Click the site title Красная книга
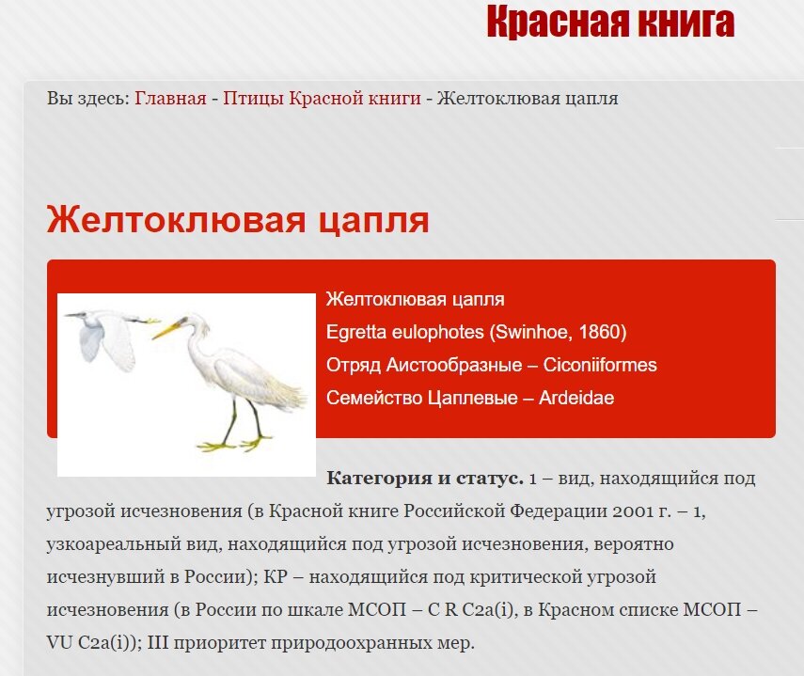(x=610, y=22)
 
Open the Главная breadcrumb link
(x=170, y=98)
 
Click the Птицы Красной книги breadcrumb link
(x=322, y=98)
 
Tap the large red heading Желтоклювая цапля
(x=238, y=221)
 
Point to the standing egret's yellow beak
(x=169, y=329)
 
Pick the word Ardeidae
(x=576, y=398)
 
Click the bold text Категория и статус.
(x=424, y=478)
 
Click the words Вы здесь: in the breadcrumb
(x=88, y=98)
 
